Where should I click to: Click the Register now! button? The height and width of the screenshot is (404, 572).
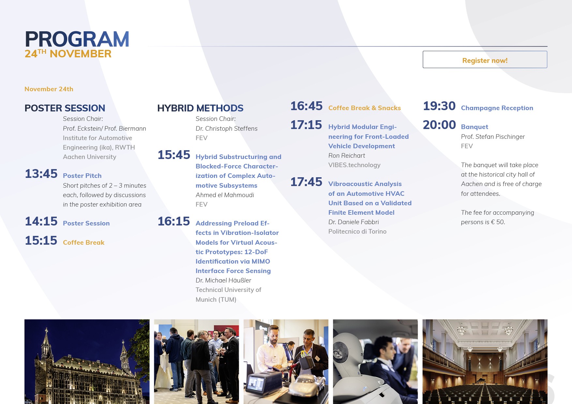pyautogui.click(x=485, y=60)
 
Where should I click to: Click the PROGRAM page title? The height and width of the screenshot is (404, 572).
pyautogui.click(x=77, y=39)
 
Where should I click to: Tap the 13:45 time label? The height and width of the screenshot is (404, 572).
pyautogui.click(x=41, y=174)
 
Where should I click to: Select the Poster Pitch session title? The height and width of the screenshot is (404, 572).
pyautogui.click(x=82, y=176)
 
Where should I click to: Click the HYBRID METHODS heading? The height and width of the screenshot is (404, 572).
pyautogui.click(x=200, y=108)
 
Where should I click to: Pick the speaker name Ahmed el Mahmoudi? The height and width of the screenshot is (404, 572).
pyautogui.click(x=225, y=195)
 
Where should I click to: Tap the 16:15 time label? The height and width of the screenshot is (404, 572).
pyautogui.click(x=174, y=221)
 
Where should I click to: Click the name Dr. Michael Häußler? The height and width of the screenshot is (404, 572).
pyautogui.click(x=223, y=280)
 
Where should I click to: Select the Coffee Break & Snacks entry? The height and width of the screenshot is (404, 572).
pyautogui.click(x=365, y=108)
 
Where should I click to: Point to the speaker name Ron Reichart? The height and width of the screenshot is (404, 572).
pyautogui.click(x=347, y=155)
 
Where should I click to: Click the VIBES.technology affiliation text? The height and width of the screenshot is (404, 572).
pyautogui.click(x=354, y=165)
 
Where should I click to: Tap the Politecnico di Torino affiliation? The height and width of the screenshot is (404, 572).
pyautogui.click(x=357, y=231)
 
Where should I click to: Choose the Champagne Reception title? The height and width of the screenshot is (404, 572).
pyautogui.click(x=497, y=108)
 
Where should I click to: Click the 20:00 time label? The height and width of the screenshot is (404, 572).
pyautogui.click(x=439, y=125)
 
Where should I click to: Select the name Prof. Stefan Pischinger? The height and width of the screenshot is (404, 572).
pyautogui.click(x=493, y=137)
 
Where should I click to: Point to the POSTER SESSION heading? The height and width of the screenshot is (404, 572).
pyautogui.click(x=65, y=108)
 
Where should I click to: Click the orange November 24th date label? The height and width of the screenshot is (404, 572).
pyautogui.click(x=49, y=89)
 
